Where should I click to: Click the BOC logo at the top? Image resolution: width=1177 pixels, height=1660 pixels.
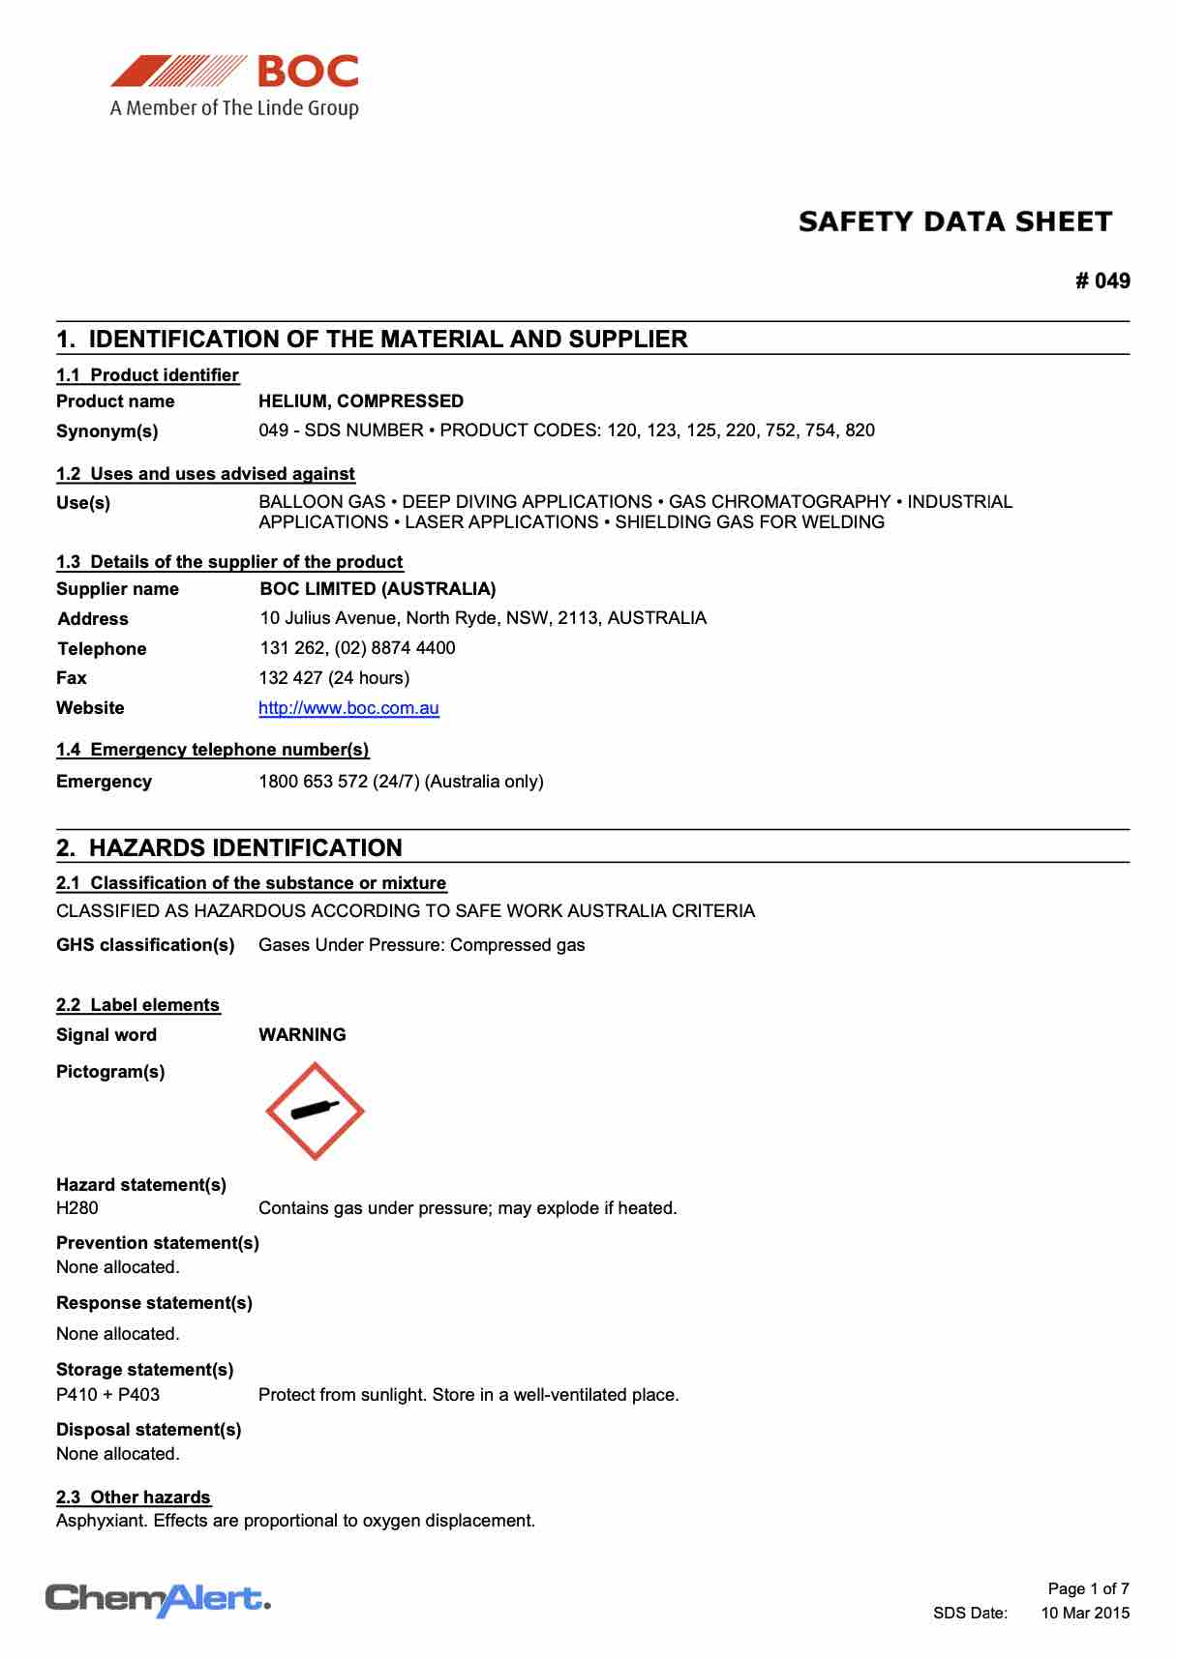tap(234, 85)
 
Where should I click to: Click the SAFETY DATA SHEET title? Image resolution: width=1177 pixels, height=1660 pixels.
tap(954, 222)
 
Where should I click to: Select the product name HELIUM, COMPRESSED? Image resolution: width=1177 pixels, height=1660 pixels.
tap(361, 401)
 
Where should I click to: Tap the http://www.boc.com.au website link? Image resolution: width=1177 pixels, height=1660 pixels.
tap(348, 708)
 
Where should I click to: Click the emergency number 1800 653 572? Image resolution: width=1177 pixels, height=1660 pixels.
tap(313, 782)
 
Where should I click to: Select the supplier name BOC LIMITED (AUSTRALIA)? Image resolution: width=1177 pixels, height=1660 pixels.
tap(377, 589)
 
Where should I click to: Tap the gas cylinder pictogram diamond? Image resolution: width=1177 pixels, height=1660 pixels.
tap(315, 1112)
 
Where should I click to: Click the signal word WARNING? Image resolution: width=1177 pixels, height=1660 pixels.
tap(302, 1035)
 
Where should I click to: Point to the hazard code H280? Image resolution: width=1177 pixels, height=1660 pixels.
tap(77, 1208)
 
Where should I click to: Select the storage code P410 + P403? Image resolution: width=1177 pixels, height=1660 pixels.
tap(108, 1395)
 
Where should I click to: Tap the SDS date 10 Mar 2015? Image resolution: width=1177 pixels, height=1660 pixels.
tap(1084, 1613)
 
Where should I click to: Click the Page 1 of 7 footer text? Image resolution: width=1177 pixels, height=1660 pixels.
tap(1088, 1588)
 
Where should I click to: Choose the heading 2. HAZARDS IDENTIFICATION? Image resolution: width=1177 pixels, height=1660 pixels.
tap(229, 848)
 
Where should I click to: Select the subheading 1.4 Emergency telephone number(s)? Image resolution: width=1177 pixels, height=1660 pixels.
tap(213, 750)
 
